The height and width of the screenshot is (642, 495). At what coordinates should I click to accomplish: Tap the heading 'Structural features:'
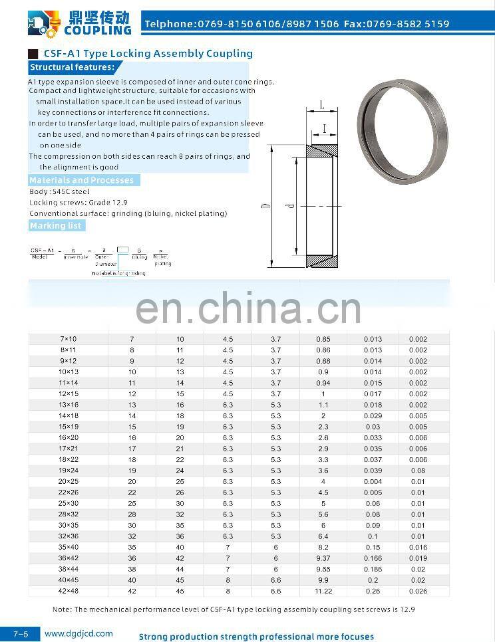pyautogui.click(x=72, y=67)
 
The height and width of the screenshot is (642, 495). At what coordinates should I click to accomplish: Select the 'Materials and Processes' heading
pyautogui.click(x=81, y=180)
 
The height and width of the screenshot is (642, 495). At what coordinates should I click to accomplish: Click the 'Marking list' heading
pyautogui.click(x=55, y=226)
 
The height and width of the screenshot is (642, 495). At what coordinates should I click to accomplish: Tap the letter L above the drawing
pyautogui.click(x=321, y=105)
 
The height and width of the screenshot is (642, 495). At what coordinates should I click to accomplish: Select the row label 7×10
pyautogui.click(x=68, y=340)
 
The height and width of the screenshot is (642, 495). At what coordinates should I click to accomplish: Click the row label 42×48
pyautogui.click(x=68, y=591)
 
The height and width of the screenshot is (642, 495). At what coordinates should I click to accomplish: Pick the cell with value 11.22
pyautogui.click(x=323, y=591)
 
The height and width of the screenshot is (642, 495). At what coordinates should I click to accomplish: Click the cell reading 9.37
pyautogui.click(x=323, y=558)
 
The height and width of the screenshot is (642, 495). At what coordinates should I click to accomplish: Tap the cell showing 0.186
pyautogui.click(x=373, y=570)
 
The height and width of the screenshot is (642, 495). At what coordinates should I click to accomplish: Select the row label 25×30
pyautogui.click(x=68, y=504)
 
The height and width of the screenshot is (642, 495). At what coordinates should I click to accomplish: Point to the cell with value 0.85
pyautogui.click(x=323, y=340)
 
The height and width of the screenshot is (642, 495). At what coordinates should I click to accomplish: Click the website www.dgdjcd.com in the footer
pyautogui.click(x=79, y=634)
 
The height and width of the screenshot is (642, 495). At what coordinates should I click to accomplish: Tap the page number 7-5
pyautogui.click(x=20, y=635)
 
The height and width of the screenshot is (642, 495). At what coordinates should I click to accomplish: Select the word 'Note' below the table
pyautogui.click(x=61, y=609)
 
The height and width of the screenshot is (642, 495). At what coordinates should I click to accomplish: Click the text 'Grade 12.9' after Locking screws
pyautogui.click(x=108, y=202)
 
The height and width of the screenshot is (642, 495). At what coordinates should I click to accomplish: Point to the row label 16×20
pyautogui.click(x=68, y=438)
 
